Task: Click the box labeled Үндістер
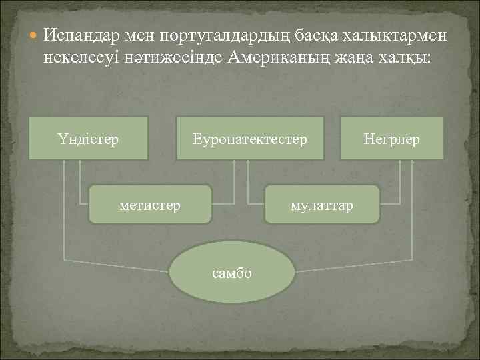point(88,139)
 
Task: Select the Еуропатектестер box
point(249,139)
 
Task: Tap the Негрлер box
point(392,139)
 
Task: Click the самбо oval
point(232,273)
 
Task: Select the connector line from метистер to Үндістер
point(79,187)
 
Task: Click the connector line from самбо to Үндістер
point(63,220)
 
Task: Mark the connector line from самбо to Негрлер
point(415,220)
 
